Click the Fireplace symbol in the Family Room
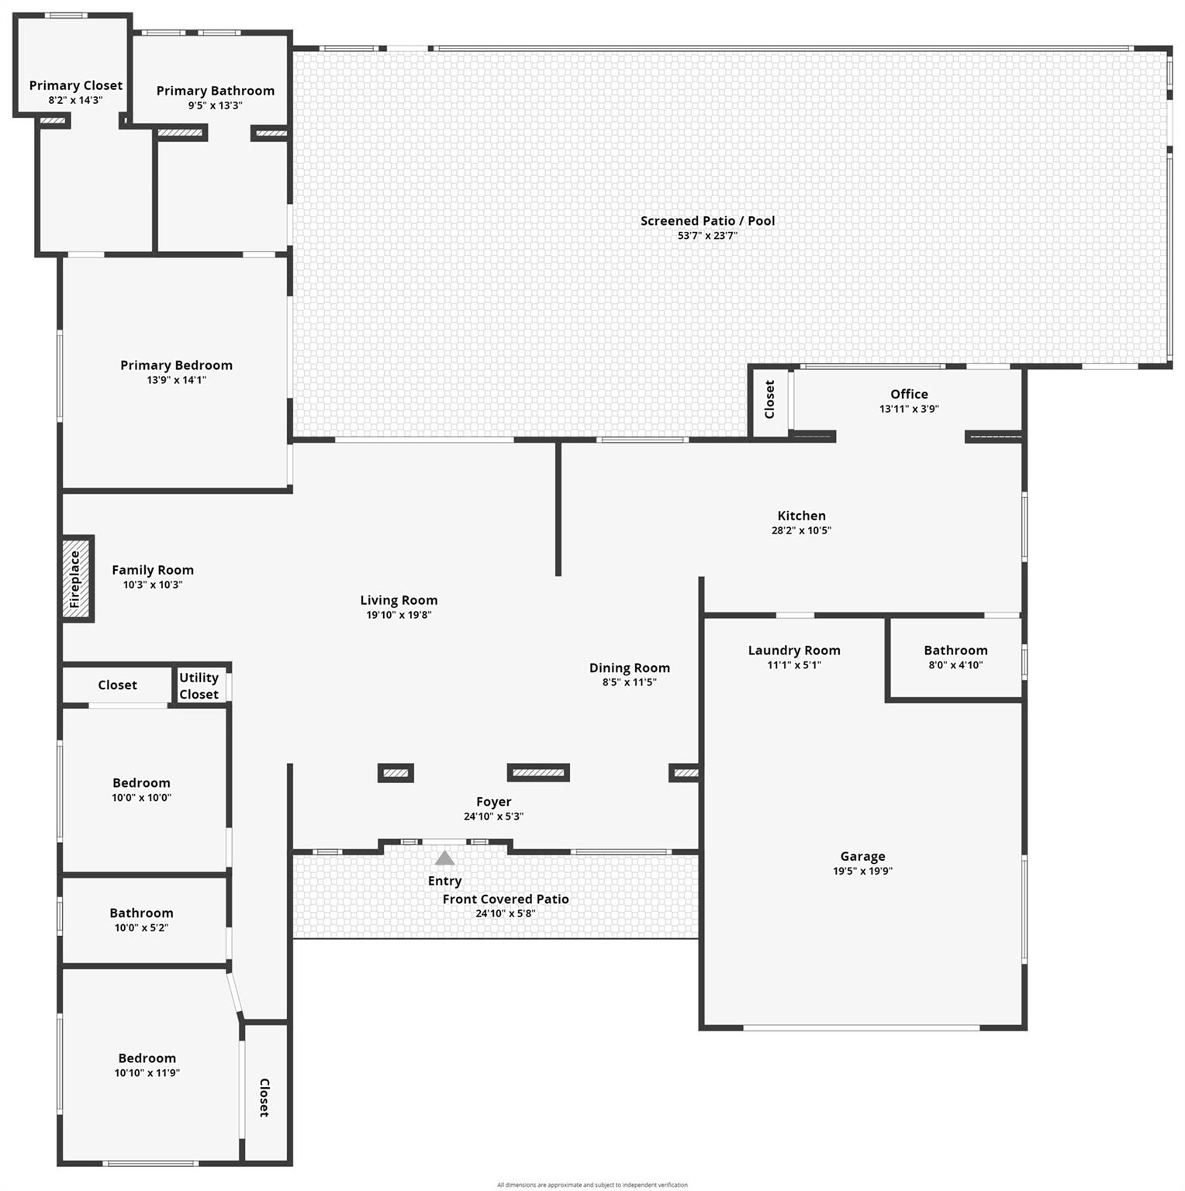[x=77, y=578]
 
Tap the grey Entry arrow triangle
[x=444, y=858]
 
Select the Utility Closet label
[x=199, y=686]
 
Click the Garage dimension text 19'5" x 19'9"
[x=862, y=871]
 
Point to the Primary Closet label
[x=76, y=85]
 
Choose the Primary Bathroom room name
[x=216, y=91]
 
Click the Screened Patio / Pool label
[x=707, y=221]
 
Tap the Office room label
[x=909, y=394]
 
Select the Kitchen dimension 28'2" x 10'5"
[x=801, y=530]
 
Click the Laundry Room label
[x=794, y=651]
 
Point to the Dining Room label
[x=629, y=668]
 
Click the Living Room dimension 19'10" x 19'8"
[x=399, y=615]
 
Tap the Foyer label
[x=493, y=802]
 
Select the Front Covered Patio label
[x=506, y=899]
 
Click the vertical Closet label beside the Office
[x=769, y=399]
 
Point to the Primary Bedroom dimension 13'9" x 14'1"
[x=177, y=380]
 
